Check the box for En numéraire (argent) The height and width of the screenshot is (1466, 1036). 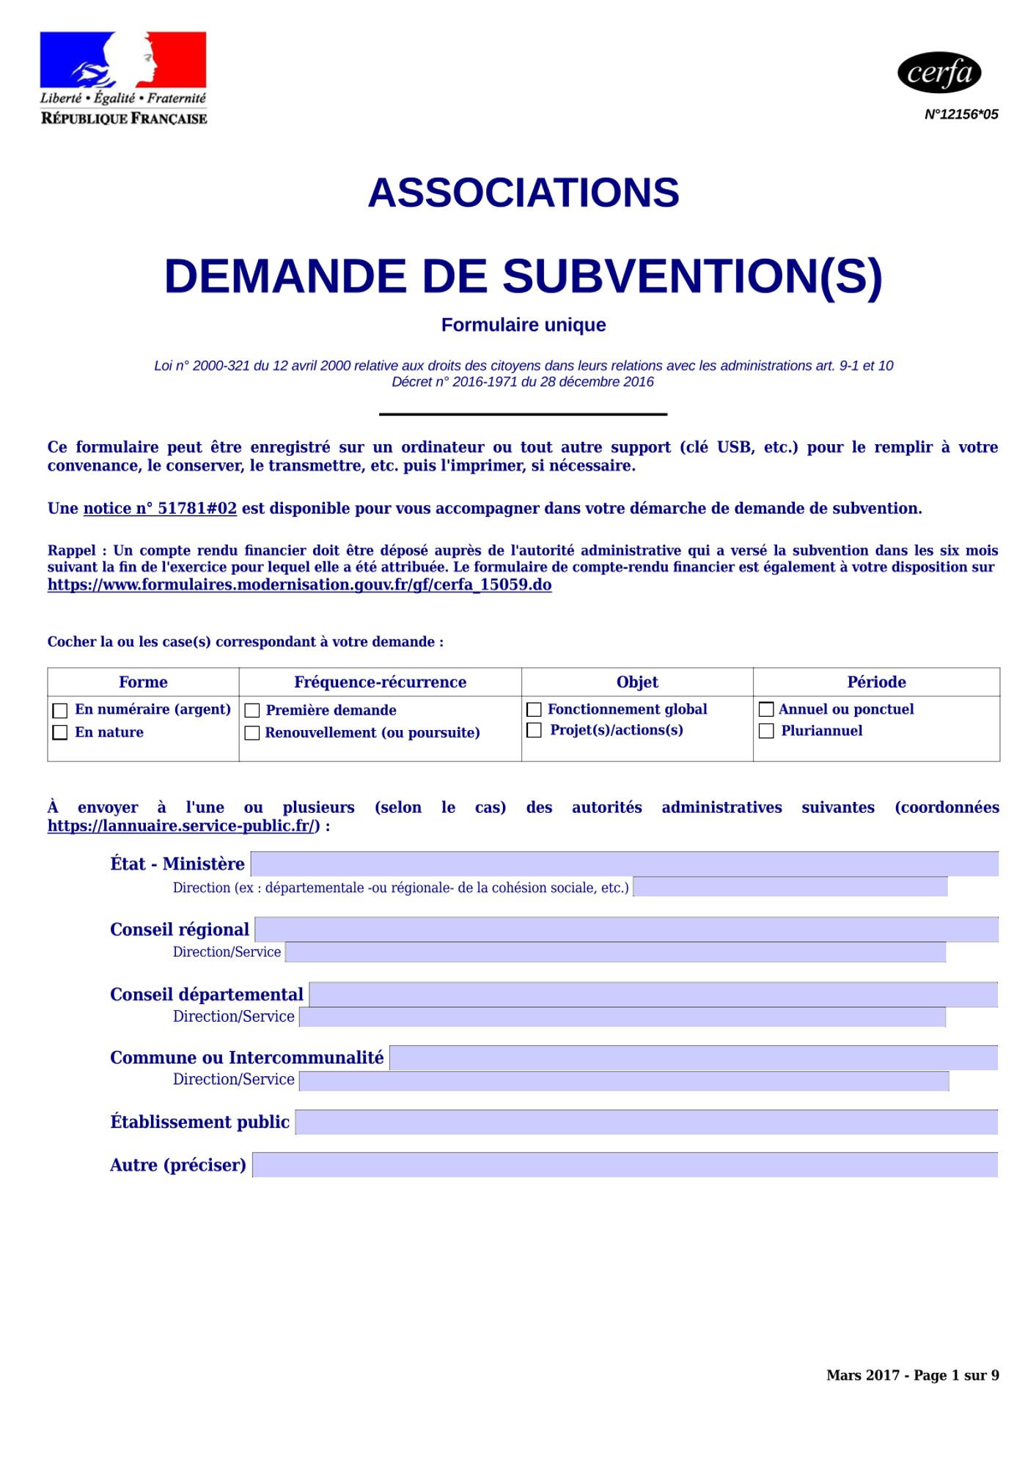(x=60, y=710)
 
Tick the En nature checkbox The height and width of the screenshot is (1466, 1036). (x=60, y=732)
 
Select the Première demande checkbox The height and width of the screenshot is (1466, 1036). (x=252, y=710)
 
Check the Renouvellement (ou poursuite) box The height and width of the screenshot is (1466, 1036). (x=252, y=733)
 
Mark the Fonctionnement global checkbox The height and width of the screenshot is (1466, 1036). (x=534, y=710)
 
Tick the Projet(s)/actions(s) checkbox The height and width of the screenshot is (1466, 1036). (x=534, y=730)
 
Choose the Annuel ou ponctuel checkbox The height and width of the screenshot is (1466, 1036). (x=766, y=709)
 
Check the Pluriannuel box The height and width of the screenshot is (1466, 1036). (x=766, y=731)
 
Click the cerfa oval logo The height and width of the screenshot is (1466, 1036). (x=939, y=73)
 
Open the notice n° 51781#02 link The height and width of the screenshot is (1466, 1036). (x=160, y=509)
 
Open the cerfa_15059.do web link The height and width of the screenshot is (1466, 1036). (x=299, y=585)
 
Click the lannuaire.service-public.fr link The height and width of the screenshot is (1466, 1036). (x=183, y=826)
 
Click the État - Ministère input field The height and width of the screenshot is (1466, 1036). (x=624, y=864)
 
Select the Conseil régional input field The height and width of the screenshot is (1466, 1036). (x=626, y=929)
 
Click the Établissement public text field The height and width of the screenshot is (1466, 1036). (x=646, y=1122)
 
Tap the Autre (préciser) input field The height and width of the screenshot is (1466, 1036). (x=625, y=1165)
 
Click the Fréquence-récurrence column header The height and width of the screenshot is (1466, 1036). (x=380, y=682)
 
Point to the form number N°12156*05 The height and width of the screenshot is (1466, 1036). (x=961, y=114)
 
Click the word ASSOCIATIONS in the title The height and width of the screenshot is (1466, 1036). (x=523, y=193)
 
